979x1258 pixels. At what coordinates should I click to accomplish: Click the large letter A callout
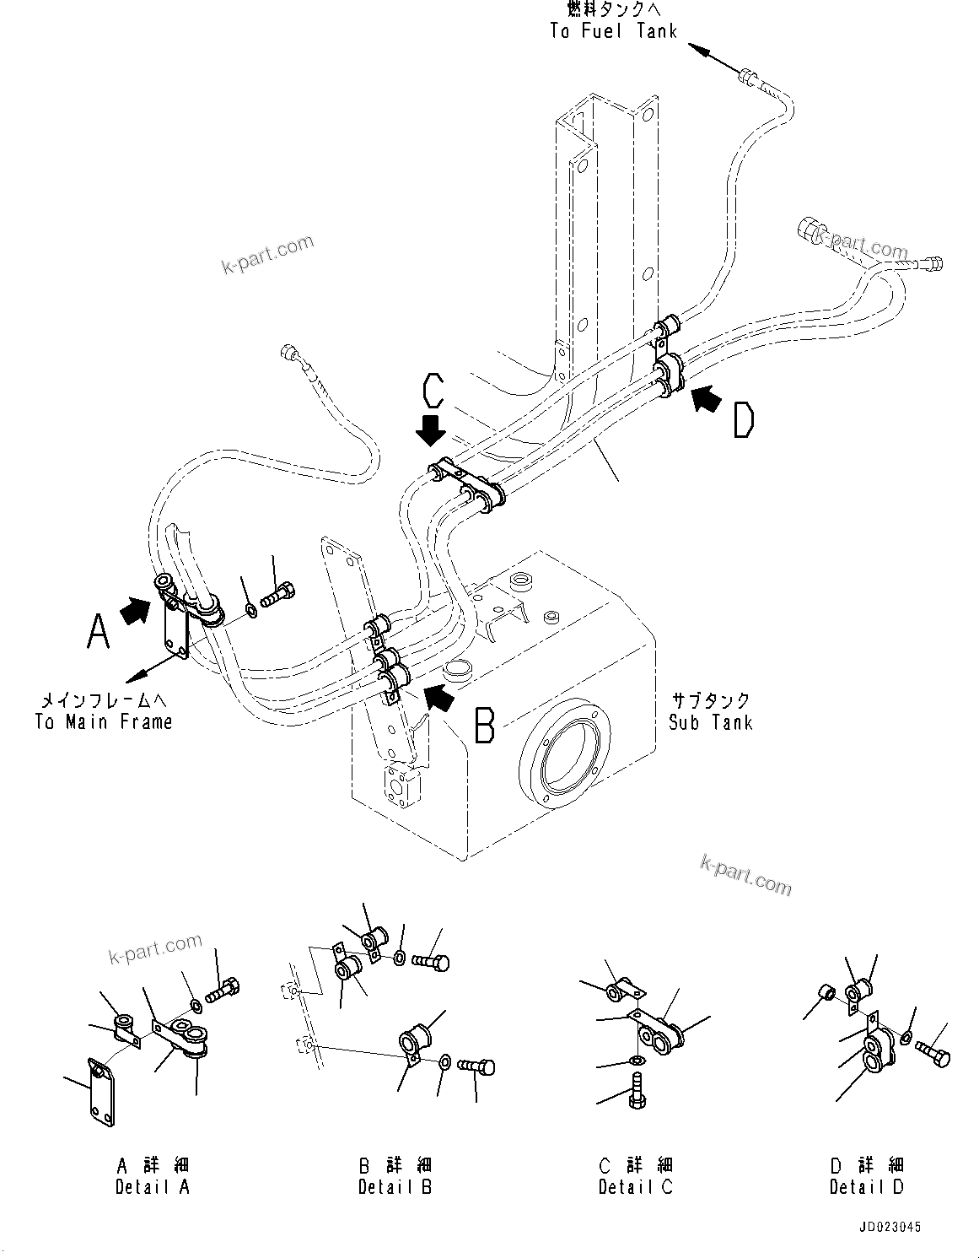click(98, 630)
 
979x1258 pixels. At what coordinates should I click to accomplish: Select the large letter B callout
click(484, 725)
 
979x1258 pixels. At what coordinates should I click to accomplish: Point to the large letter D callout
click(742, 420)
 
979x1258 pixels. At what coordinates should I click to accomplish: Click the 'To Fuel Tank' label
click(613, 31)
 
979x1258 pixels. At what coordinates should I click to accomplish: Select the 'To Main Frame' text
click(104, 721)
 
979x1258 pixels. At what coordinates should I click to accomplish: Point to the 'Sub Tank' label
click(710, 722)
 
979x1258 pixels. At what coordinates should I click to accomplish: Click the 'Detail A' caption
click(153, 1186)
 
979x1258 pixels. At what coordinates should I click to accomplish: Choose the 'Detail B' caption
click(395, 1186)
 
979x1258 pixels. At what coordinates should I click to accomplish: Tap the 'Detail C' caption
click(636, 1186)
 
